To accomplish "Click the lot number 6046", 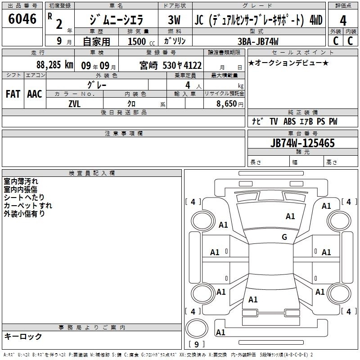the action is [x=22, y=19].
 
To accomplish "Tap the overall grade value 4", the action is [x=343, y=21].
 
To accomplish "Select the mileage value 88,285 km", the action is [x=55, y=65].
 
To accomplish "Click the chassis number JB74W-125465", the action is [x=302, y=143].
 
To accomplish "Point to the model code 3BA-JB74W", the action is [x=258, y=41].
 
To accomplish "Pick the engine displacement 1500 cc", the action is [x=141, y=41].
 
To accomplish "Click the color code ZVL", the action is [x=74, y=104].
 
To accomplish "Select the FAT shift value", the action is [x=13, y=94].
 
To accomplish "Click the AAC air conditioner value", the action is [x=35, y=94].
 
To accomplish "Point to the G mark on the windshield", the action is [x=284, y=237].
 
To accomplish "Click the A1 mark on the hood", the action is [x=290, y=216].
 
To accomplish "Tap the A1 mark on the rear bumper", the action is [x=220, y=332].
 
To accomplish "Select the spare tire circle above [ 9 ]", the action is [x=197, y=328].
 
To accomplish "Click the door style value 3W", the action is [x=174, y=20].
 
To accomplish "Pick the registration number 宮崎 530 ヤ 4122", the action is [x=171, y=65].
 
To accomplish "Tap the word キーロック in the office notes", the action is [x=23, y=337].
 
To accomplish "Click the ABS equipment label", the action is [x=289, y=121].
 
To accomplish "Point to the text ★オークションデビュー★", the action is [x=288, y=63].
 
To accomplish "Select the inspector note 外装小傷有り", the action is [x=24, y=214].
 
